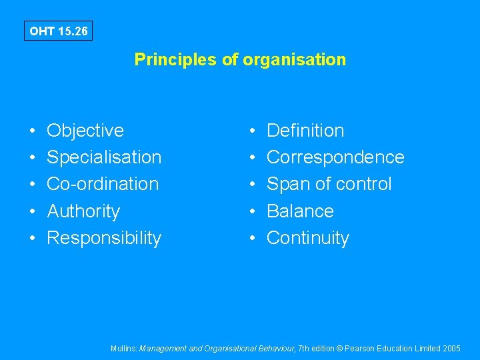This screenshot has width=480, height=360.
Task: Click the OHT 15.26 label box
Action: tap(58, 31)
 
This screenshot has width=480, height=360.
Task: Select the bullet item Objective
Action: tap(85, 131)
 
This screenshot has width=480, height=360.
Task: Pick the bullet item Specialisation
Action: tap(104, 157)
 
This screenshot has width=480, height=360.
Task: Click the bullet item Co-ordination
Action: tap(103, 184)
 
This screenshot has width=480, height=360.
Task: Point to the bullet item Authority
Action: tap(83, 211)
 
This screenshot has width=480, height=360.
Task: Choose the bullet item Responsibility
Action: tap(104, 238)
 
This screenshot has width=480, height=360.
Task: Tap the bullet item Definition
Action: tap(305, 131)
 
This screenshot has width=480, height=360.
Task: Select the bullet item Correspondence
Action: tap(335, 157)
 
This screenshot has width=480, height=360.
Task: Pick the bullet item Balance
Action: tap(300, 211)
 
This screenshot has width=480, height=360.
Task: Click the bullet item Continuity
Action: tap(308, 238)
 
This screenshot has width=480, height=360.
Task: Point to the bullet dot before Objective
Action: tap(33, 131)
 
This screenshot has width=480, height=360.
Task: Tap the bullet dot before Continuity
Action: tap(253, 239)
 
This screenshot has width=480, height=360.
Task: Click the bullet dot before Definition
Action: tap(253, 131)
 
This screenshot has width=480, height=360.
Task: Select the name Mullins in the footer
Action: tap(124, 349)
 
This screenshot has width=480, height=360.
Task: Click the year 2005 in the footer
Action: tap(451, 349)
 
